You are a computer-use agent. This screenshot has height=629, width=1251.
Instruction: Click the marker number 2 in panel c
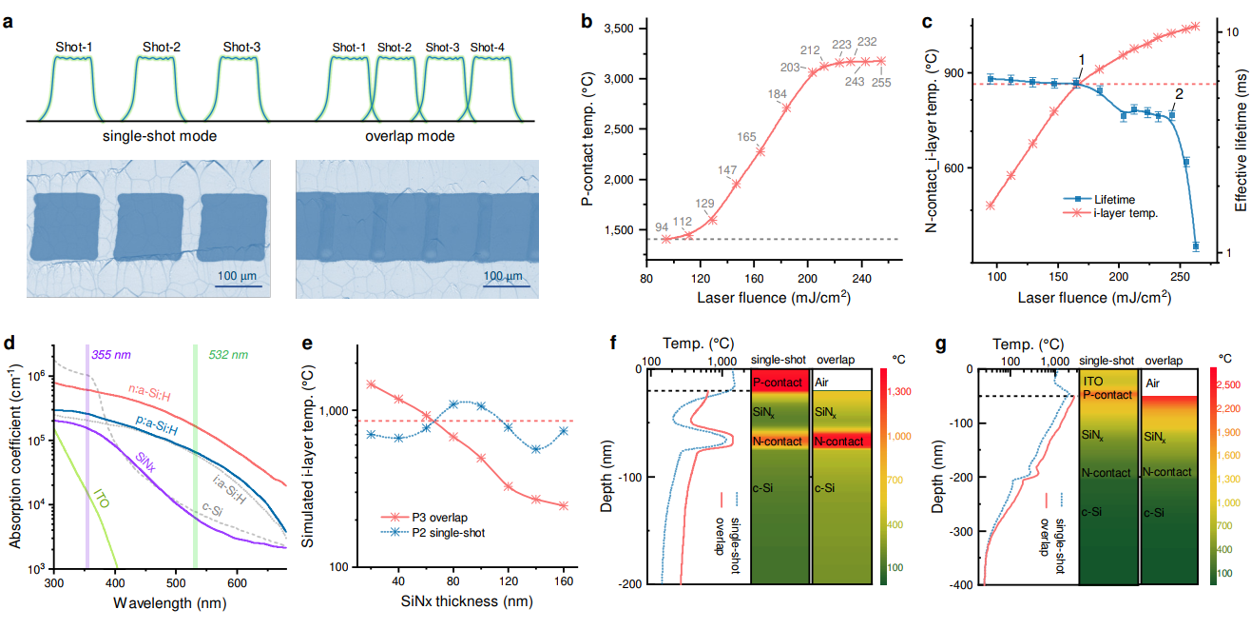(x=1178, y=94)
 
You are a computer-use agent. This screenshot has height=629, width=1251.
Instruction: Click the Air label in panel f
(x=823, y=382)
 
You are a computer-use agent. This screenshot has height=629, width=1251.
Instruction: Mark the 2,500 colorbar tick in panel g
(x=1227, y=384)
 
